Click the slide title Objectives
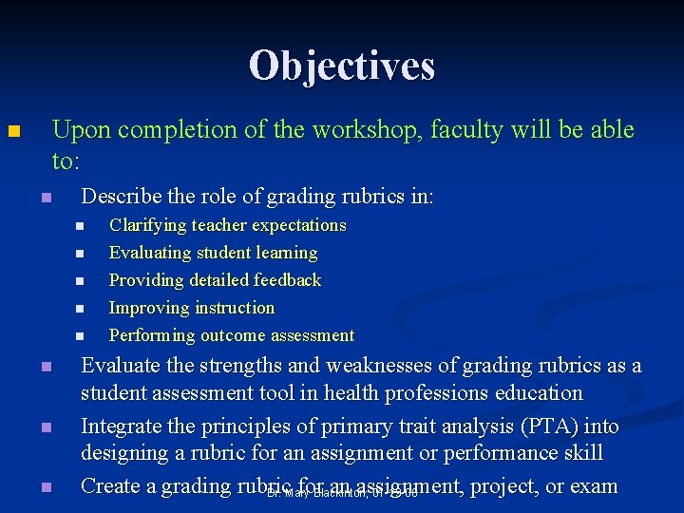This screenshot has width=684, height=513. pos(342,66)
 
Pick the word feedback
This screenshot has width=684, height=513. pos(286,280)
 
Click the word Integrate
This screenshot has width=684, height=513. pos(122,427)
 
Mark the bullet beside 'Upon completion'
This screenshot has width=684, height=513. pos(12,131)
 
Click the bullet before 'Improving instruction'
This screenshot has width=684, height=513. pos(79,309)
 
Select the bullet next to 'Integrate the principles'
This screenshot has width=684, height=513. pos(44,428)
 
